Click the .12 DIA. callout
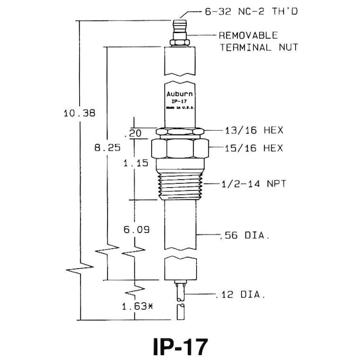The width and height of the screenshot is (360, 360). click(x=240, y=295)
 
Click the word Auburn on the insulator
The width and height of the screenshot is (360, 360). click(x=179, y=94)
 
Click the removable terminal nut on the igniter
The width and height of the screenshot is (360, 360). click(x=179, y=41)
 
